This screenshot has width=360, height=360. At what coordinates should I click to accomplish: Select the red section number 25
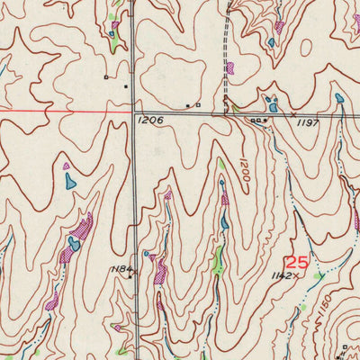coord(296,263)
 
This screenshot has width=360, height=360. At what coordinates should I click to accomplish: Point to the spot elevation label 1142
coord(283,276)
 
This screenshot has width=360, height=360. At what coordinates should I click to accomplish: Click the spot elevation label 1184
coord(121,269)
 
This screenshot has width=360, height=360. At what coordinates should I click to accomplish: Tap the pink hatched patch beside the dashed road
coord(230,67)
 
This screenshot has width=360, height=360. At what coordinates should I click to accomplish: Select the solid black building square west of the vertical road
coord(125,86)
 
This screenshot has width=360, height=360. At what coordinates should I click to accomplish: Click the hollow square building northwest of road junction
coord(105,77)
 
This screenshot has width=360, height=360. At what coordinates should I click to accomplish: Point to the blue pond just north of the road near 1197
coord(272,106)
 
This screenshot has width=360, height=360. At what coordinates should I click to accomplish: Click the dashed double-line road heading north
coord(223,45)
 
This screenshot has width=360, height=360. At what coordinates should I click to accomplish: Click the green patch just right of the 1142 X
coord(316,277)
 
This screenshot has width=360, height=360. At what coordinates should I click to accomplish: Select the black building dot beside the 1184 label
coord(131,277)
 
